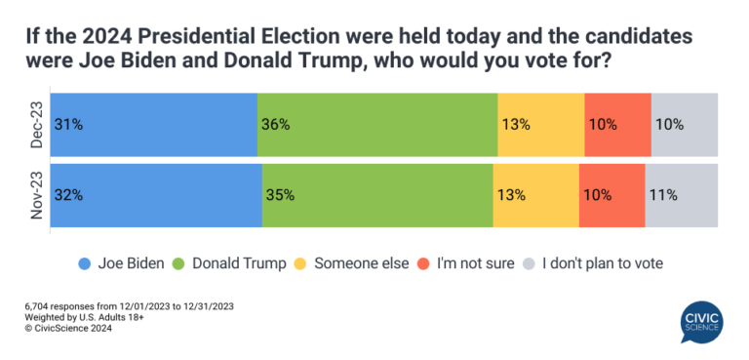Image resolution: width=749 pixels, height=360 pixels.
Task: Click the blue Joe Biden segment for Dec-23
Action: pyautogui.click(x=153, y=124)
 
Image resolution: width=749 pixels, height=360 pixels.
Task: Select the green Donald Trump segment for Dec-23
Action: pyautogui.click(x=377, y=124)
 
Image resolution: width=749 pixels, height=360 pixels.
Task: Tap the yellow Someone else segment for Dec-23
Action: pyautogui.click(x=540, y=124)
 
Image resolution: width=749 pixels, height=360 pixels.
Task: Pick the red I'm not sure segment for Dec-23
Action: pyautogui.click(x=617, y=124)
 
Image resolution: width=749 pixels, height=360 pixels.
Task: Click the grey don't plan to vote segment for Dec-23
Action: pyautogui.click(x=684, y=124)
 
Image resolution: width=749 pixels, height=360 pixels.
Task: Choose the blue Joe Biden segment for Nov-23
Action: pyautogui.click(x=156, y=194)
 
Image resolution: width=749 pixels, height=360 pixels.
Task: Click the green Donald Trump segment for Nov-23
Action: pyautogui.click(x=377, y=194)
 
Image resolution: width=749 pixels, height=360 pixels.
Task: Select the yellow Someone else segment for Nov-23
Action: pyautogui.click(x=535, y=194)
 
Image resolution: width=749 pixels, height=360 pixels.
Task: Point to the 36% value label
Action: pyautogui.click(x=276, y=125)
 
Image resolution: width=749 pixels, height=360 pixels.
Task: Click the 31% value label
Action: pyautogui.click(x=68, y=125)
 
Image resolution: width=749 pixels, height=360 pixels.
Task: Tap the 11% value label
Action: pyautogui.click(x=663, y=195)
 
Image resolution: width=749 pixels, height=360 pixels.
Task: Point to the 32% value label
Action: pyautogui.click(x=68, y=195)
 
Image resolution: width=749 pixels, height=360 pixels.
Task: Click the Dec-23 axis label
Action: pyautogui.click(x=35, y=124)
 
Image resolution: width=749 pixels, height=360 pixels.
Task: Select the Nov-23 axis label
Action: pyautogui.click(x=35, y=195)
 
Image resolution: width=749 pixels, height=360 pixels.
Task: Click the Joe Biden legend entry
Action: pyautogui.click(x=121, y=263)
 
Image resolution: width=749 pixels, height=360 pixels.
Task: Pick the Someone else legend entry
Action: pyautogui.click(x=357, y=263)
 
